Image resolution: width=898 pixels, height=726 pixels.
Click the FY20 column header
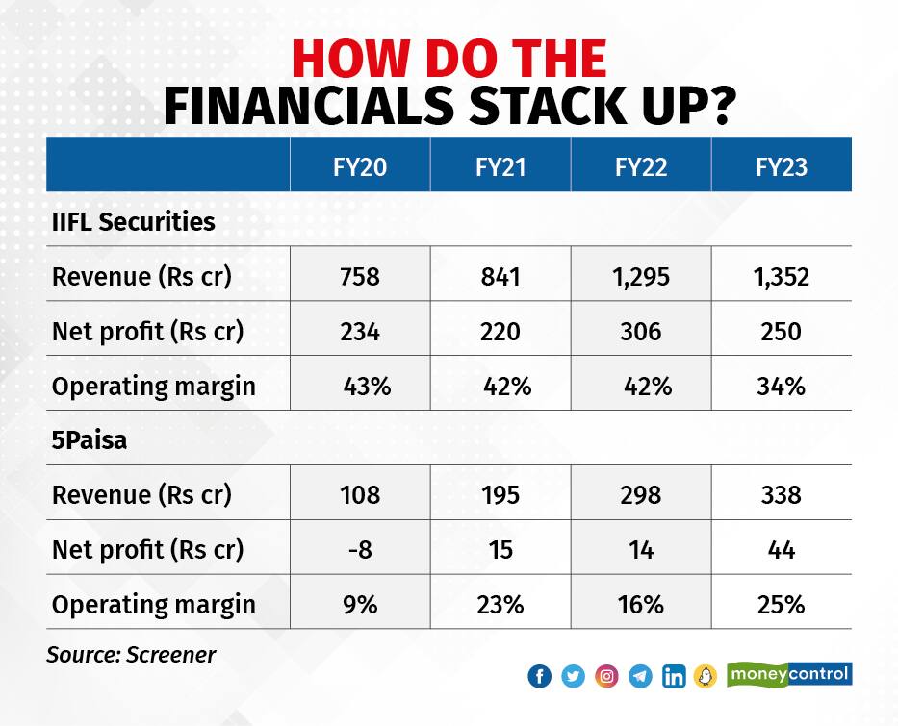[x=360, y=167]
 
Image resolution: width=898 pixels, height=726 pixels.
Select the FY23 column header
[x=782, y=167]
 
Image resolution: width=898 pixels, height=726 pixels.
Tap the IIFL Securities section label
[x=134, y=221]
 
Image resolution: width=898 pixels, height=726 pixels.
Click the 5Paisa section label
[x=90, y=440]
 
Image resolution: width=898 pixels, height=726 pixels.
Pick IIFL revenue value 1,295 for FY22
[x=641, y=277]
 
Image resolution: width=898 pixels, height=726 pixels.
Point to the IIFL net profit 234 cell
[x=360, y=331]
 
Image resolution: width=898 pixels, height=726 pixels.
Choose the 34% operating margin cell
[x=782, y=387]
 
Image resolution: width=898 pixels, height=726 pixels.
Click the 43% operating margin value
[x=367, y=387]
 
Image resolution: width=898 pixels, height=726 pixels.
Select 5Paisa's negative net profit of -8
[x=360, y=550]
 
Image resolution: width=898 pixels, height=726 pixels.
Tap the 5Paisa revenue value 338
[x=782, y=495]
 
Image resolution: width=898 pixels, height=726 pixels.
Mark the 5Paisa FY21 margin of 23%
[x=500, y=605]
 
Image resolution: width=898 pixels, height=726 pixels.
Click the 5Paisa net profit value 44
[x=782, y=550]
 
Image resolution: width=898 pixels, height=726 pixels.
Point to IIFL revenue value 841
[x=500, y=277]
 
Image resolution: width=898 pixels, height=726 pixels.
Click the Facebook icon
[x=540, y=676]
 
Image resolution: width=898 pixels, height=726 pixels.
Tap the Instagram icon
[x=606, y=676]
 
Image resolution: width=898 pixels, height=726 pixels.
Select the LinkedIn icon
[x=674, y=676]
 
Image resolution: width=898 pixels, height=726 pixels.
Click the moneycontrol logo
[x=790, y=674]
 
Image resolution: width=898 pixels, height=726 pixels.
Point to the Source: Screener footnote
[x=131, y=655]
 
